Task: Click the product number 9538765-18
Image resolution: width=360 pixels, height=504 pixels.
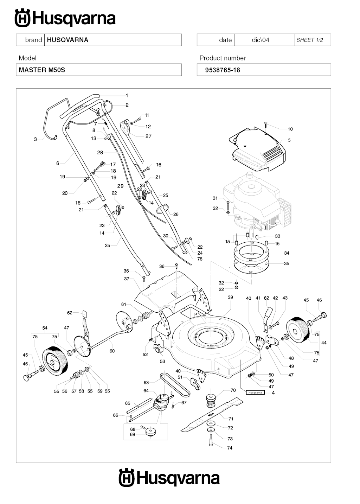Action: (x=223, y=70)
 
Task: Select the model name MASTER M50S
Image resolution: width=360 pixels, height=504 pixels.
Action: (x=42, y=70)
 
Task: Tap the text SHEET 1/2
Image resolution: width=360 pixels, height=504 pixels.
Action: (x=310, y=40)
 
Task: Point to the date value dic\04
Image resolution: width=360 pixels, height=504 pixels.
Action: (x=261, y=40)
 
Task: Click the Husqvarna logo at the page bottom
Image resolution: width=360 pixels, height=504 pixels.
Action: (x=169, y=478)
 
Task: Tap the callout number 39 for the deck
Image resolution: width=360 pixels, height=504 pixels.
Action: (x=230, y=297)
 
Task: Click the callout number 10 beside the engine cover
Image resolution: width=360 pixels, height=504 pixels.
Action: (x=290, y=129)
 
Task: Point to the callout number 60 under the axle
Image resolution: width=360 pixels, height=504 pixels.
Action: (x=112, y=351)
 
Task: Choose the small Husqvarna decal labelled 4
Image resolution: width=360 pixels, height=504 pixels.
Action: (x=255, y=393)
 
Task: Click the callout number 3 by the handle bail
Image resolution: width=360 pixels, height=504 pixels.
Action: (x=35, y=139)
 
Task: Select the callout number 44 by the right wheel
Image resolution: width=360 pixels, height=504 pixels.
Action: (x=324, y=343)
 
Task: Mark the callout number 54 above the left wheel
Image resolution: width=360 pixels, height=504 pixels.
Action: (x=45, y=328)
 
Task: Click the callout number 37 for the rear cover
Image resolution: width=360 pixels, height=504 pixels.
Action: (x=127, y=279)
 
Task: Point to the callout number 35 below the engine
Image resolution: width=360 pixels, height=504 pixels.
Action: (x=287, y=263)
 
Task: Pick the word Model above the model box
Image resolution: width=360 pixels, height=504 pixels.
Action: (x=27, y=58)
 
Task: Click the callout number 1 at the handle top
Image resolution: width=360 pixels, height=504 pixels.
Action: (x=127, y=95)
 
